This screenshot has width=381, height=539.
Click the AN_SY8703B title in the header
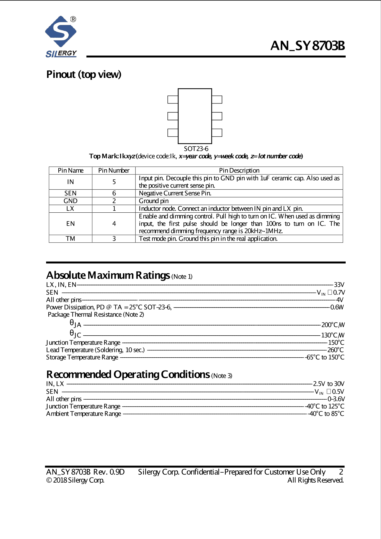click(x=308, y=46)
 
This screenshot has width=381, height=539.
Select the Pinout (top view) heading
click(x=84, y=75)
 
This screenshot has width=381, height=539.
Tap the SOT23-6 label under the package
click(x=196, y=149)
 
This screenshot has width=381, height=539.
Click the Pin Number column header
click(x=114, y=171)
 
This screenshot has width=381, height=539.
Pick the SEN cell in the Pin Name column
click(x=70, y=193)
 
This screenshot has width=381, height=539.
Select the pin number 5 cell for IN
click(x=114, y=182)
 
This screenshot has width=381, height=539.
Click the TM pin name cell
click(x=70, y=239)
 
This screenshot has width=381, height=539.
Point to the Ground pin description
click(x=154, y=201)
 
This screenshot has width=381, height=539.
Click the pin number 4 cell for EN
click(x=114, y=224)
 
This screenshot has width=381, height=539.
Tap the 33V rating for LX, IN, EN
click(x=339, y=285)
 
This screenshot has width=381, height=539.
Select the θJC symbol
click(x=75, y=334)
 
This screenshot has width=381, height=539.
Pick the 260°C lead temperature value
click(x=335, y=350)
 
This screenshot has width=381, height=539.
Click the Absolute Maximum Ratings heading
click(x=108, y=275)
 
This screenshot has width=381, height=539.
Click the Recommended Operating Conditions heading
click(x=128, y=375)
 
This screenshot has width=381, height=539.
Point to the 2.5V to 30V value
click(x=329, y=384)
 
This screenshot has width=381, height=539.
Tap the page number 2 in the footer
click(x=341, y=472)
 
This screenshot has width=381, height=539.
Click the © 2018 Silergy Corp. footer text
click(x=75, y=480)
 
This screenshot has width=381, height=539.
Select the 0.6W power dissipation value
click(x=337, y=307)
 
